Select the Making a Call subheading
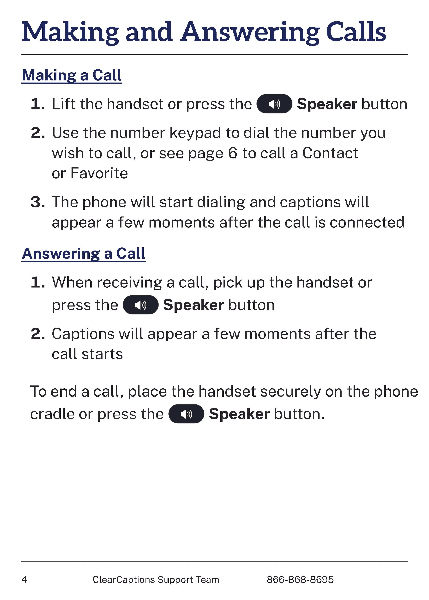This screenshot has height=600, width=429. tap(72, 75)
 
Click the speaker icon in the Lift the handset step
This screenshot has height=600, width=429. tap(274, 104)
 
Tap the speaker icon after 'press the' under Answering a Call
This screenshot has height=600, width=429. tap(141, 305)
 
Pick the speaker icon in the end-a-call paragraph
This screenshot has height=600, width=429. tap(186, 414)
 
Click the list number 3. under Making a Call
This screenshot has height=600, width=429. tap(38, 202)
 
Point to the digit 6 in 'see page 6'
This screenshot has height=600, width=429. tap(233, 153)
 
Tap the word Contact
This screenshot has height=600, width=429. tap(330, 153)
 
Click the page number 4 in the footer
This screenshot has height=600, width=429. tap(24, 580)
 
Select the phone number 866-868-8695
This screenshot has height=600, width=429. tap(300, 580)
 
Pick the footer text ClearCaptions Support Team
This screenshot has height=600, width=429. tap(156, 580)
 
